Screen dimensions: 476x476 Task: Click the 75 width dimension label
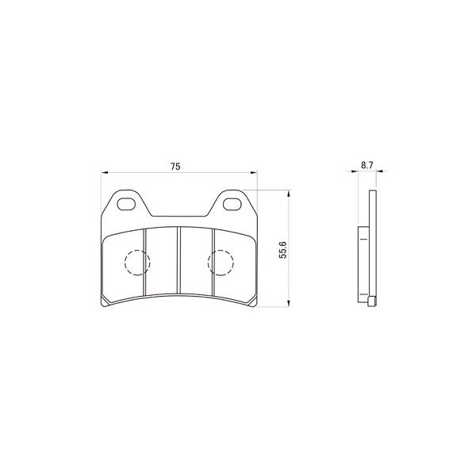[x=175, y=167]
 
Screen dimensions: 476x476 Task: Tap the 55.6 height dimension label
[x=282, y=250]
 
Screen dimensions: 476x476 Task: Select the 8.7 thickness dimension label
[x=367, y=166]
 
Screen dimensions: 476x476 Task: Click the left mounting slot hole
[x=126, y=204]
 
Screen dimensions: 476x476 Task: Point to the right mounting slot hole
[x=232, y=204]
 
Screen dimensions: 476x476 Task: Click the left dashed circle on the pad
[x=125, y=263]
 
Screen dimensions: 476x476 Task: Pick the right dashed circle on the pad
[x=208, y=263]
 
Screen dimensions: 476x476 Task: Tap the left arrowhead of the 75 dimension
[x=105, y=173]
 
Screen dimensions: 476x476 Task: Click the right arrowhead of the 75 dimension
[x=254, y=173]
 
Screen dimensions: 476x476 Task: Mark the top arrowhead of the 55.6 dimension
[x=289, y=194]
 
